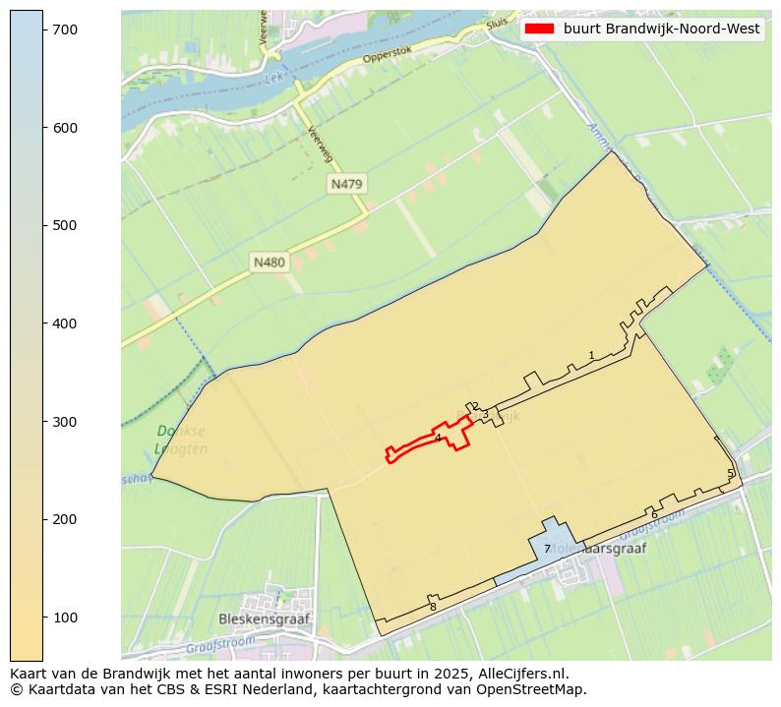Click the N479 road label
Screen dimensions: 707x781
coord(346,184)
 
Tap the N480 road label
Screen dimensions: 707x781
coord(269,263)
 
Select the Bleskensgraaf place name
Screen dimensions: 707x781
coord(263,619)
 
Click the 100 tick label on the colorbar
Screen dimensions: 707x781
coord(66,617)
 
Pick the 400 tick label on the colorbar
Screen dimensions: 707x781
coord(66,324)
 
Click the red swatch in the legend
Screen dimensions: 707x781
coord(540,29)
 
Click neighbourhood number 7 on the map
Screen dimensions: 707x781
coord(547,549)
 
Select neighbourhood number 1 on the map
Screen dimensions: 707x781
coord(591,355)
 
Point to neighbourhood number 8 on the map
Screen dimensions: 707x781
coord(433,607)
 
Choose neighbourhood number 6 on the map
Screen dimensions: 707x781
coord(654,514)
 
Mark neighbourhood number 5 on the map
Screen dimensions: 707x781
coord(730,473)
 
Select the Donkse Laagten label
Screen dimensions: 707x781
coord(181,440)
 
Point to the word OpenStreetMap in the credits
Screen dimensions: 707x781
coord(537,689)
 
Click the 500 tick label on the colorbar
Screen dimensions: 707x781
coord(66,225)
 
